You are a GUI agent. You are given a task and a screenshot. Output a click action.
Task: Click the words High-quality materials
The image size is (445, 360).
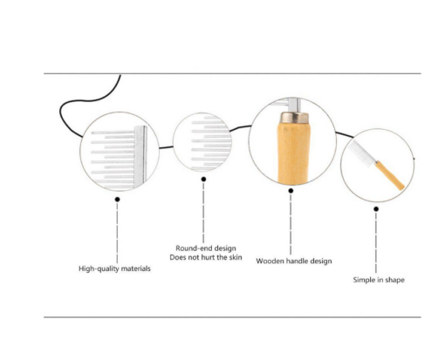click(114, 268)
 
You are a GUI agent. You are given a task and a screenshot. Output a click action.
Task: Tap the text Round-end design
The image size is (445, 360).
click(206, 248)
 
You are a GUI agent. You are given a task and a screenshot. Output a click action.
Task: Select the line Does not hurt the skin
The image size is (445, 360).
click(206, 257)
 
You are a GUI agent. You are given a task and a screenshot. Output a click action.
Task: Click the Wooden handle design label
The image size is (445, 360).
click(294, 261)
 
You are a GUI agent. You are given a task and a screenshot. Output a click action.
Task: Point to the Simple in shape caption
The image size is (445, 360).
click(379, 280)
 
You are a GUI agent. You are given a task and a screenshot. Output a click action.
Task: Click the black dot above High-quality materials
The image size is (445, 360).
click(117, 200)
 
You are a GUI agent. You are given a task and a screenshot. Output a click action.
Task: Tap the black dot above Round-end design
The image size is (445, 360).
click(203, 180)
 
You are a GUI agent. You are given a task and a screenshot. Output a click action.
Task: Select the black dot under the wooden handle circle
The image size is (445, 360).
click(291, 191)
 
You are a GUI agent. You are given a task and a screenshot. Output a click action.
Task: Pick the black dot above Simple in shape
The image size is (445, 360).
click(376, 209)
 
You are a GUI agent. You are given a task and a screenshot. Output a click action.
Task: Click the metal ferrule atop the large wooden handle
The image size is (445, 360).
click(294, 117)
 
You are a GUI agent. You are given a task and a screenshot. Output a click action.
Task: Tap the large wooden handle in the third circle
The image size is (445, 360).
click(293, 153)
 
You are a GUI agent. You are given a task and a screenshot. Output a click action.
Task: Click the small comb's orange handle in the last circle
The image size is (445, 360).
click(389, 175)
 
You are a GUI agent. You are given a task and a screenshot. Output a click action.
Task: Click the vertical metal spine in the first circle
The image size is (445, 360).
click(140, 157)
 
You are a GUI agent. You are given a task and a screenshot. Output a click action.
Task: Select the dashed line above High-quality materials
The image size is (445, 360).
click(117, 233)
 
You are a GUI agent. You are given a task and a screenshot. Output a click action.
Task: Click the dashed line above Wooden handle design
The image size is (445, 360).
click(291, 224)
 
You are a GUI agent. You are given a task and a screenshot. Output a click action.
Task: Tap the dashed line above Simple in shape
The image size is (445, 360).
click(376, 242)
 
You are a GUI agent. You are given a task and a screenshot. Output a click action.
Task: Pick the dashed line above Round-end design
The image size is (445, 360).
click(203, 212)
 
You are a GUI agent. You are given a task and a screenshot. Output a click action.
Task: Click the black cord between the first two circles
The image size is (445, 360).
click(166, 147)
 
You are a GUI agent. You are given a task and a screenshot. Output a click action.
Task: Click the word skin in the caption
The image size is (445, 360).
click(236, 257)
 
